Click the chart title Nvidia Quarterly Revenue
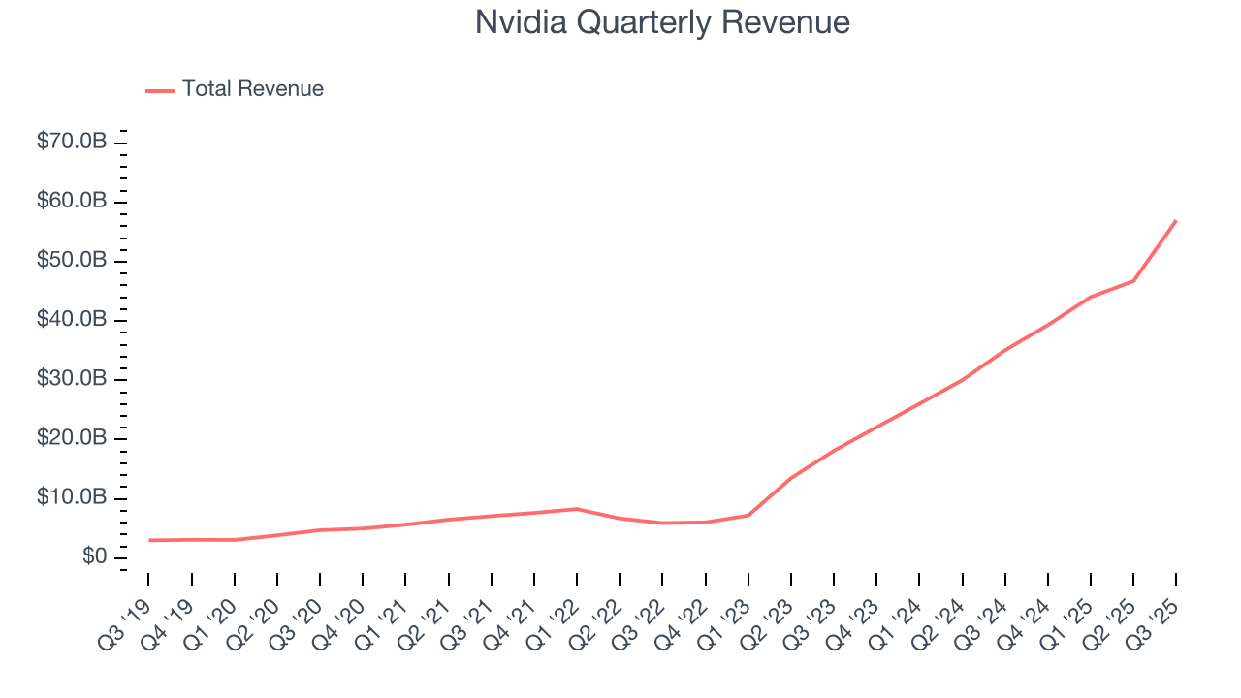(662, 22)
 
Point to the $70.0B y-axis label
(72, 142)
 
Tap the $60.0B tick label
(72, 202)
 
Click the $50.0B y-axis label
(72, 261)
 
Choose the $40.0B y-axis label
(72, 320)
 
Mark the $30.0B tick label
(72, 379)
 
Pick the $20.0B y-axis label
(72, 439)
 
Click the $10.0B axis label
(72, 498)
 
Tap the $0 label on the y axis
(94, 557)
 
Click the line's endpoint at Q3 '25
(1176, 220)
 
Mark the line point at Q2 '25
(1133, 281)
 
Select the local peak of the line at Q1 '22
(577, 509)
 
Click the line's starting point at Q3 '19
(148, 540)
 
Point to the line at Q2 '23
(791, 478)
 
